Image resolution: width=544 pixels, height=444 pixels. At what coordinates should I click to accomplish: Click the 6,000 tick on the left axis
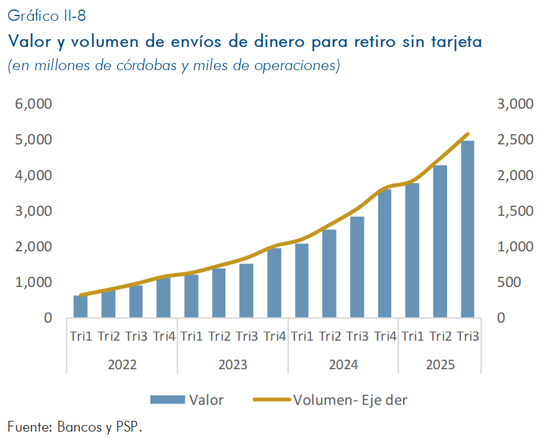33,104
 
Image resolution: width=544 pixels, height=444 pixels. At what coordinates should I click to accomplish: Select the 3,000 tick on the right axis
514,104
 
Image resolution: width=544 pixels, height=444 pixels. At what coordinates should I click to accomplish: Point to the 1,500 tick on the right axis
514,211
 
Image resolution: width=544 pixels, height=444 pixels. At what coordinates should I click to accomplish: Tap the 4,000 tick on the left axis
33,175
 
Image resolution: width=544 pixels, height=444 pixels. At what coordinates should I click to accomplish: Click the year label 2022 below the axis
122,364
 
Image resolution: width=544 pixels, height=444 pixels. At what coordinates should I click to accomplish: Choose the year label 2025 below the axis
440,364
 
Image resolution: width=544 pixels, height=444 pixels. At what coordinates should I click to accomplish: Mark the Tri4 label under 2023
275,336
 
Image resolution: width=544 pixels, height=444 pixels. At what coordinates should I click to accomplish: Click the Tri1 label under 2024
302,336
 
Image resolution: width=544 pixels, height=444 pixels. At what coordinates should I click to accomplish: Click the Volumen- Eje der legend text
350,400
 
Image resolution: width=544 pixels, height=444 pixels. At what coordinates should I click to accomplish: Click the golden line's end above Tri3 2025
468,134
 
